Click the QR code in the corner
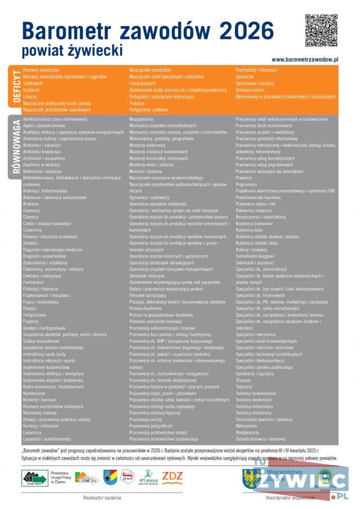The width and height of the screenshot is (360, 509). click(x=322, y=30)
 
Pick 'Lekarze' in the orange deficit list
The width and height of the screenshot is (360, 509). click(x=30, y=97)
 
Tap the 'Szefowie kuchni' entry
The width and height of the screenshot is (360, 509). click(x=250, y=90)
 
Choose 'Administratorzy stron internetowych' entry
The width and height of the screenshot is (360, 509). click(x=55, y=119)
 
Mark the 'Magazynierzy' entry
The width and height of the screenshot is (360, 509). click(x=141, y=119)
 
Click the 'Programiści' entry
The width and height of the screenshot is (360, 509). click(x=247, y=184)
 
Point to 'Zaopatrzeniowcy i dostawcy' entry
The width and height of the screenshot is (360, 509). click(x=261, y=438)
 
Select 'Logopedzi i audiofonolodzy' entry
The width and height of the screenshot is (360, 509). click(x=47, y=438)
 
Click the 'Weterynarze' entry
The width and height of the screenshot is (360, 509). click(x=247, y=425)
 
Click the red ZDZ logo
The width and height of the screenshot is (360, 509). click(x=172, y=476)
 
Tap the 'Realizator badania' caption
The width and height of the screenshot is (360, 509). click(x=101, y=498)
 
